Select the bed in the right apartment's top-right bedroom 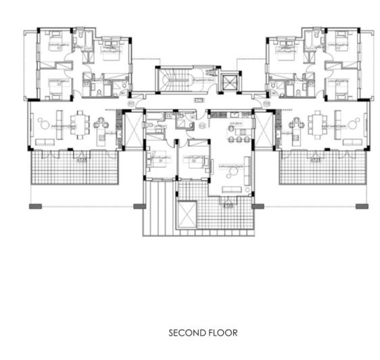point(336,41)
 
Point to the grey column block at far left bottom point(36,206)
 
